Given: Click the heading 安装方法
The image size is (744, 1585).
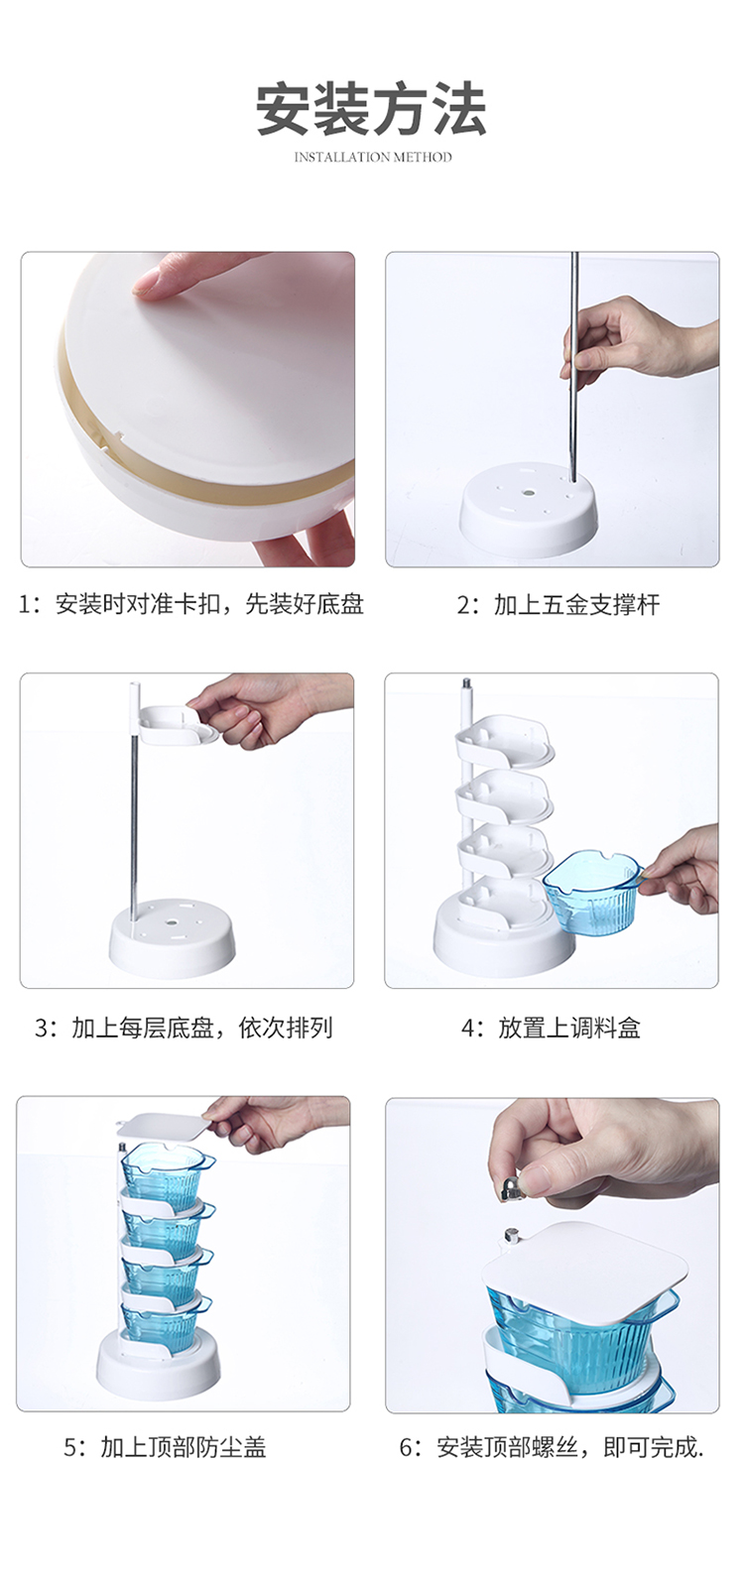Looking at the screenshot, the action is [371, 109].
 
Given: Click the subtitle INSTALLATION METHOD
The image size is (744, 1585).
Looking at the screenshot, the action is [372, 157].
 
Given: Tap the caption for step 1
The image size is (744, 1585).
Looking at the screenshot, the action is [191, 604].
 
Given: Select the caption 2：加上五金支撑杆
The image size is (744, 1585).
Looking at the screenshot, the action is [558, 605].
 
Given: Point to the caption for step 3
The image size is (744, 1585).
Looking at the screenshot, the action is [185, 1028].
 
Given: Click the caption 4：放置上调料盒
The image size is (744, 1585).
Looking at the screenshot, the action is [551, 1028].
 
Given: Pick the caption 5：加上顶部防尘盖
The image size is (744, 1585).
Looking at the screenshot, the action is [165, 1447].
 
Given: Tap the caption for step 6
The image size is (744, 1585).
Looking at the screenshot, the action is [552, 1447].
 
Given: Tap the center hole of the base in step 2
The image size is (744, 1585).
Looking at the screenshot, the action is [528, 489].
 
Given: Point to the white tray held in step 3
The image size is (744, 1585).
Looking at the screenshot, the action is [180, 725].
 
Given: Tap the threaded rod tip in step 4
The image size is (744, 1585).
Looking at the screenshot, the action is [466, 685].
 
